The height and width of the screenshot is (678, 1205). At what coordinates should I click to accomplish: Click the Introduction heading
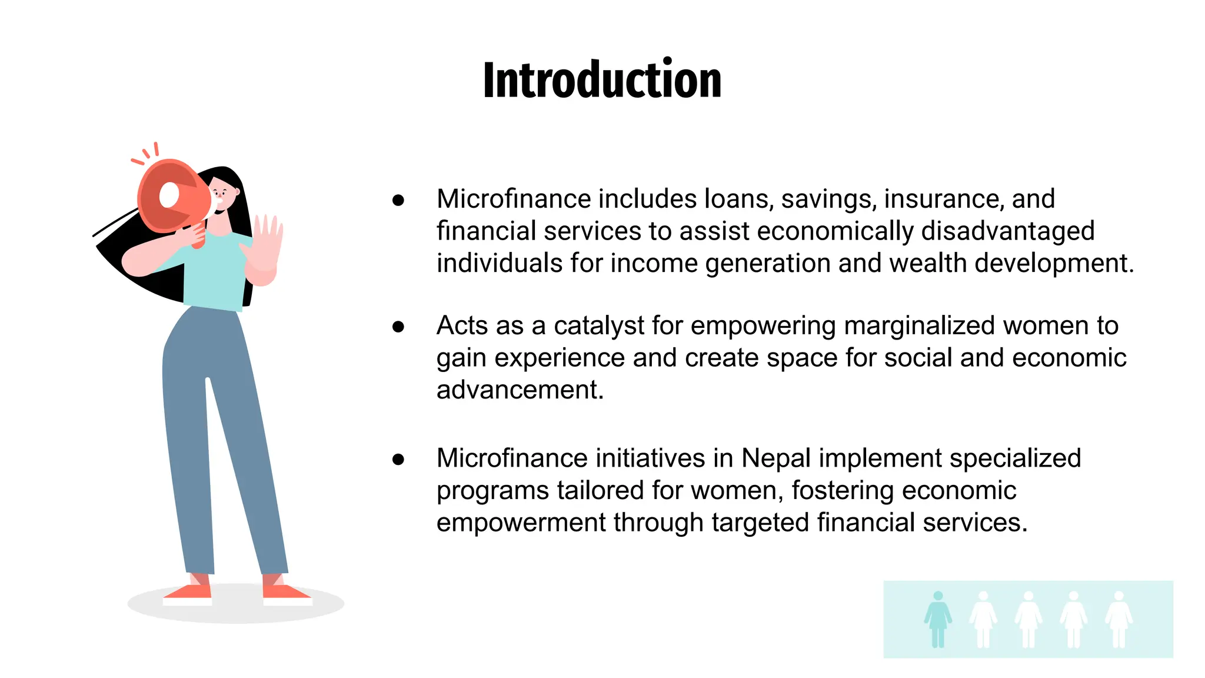tap(602, 81)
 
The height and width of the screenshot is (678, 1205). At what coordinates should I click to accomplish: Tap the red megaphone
tap(174, 197)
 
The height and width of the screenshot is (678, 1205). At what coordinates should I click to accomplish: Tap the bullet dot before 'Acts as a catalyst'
tap(398, 327)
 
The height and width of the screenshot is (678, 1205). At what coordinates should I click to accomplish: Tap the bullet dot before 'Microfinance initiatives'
tap(398, 459)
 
